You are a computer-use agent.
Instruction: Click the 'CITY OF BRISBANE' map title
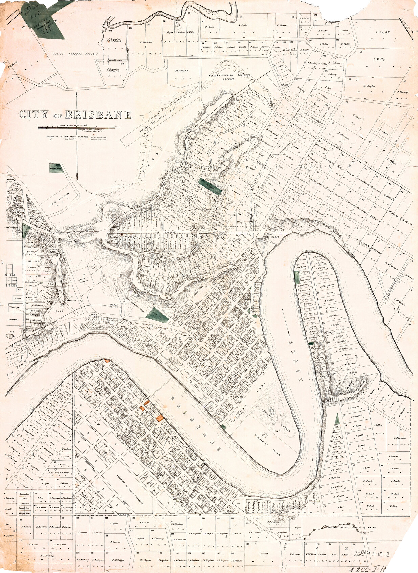point(75,115)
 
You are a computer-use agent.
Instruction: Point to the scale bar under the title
point(77,127)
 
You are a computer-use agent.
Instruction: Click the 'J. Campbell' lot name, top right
point(382,33)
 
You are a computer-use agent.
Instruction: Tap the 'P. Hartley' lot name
point(379,59)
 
